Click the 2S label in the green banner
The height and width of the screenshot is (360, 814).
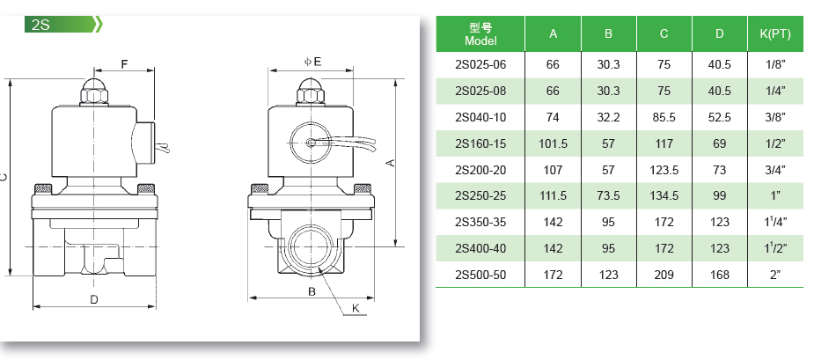40,25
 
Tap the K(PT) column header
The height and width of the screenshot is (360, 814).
775,34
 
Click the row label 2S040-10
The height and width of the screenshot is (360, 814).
480,117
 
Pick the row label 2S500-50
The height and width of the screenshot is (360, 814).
480,275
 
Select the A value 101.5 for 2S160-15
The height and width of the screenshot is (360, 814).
553,143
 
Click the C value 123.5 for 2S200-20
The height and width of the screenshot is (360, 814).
664,170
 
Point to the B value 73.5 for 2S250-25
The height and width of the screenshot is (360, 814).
608,196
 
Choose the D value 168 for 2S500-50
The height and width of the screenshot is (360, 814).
720,275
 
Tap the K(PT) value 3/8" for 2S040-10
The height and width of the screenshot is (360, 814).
775,117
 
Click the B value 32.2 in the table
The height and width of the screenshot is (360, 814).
608,117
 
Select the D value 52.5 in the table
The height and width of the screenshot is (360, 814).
720,117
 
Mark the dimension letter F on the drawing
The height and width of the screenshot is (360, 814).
124,64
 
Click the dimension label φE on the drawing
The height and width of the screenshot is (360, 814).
313,62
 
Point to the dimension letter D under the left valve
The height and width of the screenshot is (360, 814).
94,299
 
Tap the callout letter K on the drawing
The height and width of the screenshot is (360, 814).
356,308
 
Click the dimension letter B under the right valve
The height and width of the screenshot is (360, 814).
312,291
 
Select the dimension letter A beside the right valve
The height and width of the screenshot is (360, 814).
392,163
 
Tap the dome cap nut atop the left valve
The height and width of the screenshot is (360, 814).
94,91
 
